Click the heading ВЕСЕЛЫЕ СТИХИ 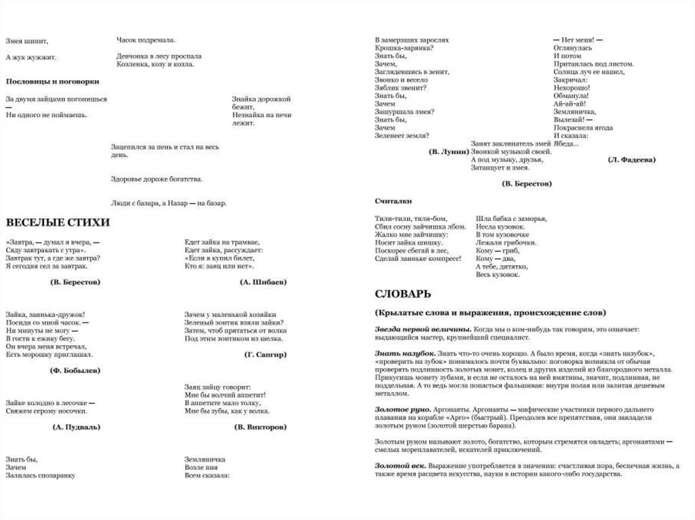pos(58,222)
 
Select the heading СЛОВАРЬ pos(402,294)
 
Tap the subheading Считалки pos(392,201)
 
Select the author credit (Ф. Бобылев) pos(75,370)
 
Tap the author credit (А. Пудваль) pos(76,427)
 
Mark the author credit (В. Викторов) pos(260,427)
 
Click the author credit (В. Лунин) pos(449,151)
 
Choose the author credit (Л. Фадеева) pos(631,159)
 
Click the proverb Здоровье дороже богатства pos(156,179)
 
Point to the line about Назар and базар pos(168,203)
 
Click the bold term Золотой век pos(400,466)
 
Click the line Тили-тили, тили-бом pos(411,218)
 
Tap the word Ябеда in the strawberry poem pos(565,144)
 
